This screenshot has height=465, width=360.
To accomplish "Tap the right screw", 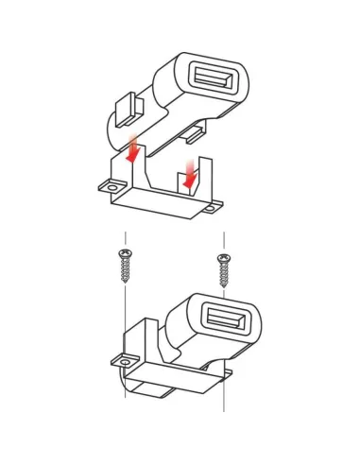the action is pyautogui.click(x=223, y=268).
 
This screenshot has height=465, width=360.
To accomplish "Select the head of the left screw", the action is pyautogui.click(x=124, y=252).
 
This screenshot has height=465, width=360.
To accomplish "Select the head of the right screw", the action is pyautogui.click(x=223, y=257).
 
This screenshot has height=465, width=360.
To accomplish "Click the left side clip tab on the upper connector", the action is pyautogui.click(x=126, y=110).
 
